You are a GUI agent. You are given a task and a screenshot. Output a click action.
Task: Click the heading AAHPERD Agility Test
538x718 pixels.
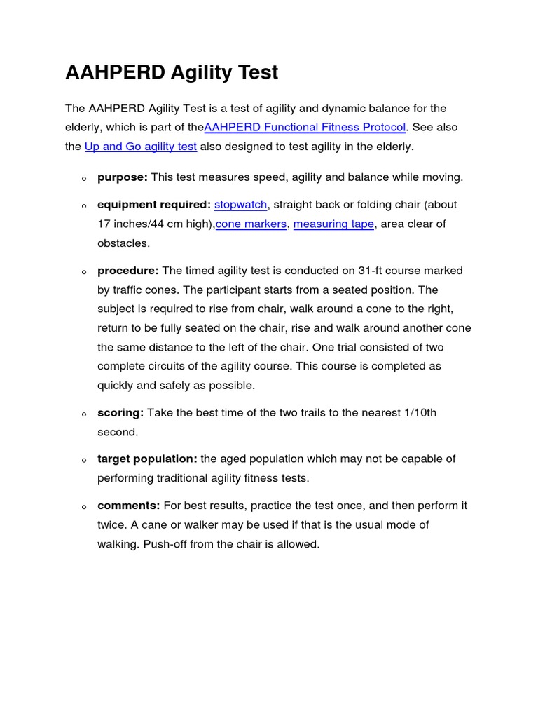(172, 72)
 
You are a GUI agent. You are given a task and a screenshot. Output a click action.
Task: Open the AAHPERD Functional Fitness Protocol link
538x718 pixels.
(305, 128)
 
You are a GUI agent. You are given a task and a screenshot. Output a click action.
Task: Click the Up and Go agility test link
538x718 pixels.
(141, 147)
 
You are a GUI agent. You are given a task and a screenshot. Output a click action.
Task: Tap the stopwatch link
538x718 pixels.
(240, 205)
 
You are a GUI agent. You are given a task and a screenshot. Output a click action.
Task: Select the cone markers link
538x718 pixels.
(251, 224)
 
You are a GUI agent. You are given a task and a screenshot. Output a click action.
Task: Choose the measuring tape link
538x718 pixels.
(333, 224)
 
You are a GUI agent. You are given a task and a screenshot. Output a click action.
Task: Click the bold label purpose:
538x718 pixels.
(122, 177)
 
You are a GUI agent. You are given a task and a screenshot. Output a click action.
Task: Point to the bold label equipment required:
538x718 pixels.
(154, 205)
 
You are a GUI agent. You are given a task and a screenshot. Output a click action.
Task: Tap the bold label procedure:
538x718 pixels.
(128, 271)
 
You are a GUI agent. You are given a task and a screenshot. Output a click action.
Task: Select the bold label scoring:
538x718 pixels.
(120, 413)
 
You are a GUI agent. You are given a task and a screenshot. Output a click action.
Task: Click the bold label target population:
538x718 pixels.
(147, 459)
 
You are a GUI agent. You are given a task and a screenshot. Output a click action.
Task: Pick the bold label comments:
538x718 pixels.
(129, 506)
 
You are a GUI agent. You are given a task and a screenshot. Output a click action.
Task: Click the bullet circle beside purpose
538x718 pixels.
(83, 179)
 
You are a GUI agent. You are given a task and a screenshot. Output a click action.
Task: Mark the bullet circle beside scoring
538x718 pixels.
(83, 414)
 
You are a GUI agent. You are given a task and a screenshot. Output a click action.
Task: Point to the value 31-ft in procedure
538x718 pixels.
(374, 271)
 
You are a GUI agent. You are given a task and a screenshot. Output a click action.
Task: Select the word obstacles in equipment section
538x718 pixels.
(123, 243)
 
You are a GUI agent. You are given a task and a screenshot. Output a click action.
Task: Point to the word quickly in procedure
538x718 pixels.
(116, 385)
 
